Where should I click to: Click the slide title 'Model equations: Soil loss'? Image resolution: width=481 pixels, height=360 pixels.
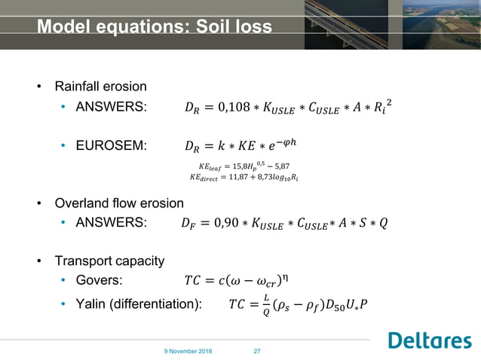154,28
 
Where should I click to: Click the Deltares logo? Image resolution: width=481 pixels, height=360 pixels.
429,340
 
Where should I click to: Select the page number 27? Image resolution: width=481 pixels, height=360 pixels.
256,351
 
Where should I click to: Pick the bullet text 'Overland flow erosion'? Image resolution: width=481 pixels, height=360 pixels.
119,203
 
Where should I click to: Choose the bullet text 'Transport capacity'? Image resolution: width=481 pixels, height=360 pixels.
109,261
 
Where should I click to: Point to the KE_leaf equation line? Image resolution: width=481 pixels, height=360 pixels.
248,165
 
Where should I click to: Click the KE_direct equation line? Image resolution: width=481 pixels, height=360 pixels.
248,178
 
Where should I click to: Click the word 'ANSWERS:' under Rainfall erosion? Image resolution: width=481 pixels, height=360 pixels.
112,106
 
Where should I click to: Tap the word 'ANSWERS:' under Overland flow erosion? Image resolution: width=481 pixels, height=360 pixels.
112,223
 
